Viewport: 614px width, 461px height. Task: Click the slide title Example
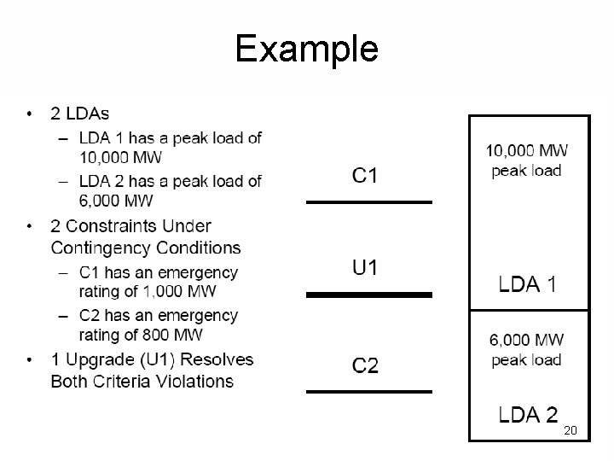(306, 49)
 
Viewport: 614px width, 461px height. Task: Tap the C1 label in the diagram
(365, 177)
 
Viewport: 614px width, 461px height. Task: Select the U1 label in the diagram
(365, 268)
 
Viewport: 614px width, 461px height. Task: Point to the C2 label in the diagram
(365, 366)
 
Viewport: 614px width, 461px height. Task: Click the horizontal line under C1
(369, 202)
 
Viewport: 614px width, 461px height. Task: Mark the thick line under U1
(369, 295)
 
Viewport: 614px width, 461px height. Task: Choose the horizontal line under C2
(369, 392)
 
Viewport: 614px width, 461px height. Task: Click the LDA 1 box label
(528, 284)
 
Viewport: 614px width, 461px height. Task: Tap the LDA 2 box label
(528, 416)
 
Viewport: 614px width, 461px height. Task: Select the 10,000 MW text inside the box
(527, 151)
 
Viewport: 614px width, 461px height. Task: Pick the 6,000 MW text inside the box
(526, 341)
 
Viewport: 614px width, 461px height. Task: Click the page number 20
(571, 431)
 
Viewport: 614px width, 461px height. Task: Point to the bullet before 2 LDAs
(31, 114)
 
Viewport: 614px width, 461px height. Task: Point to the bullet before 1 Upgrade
(31, 359)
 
